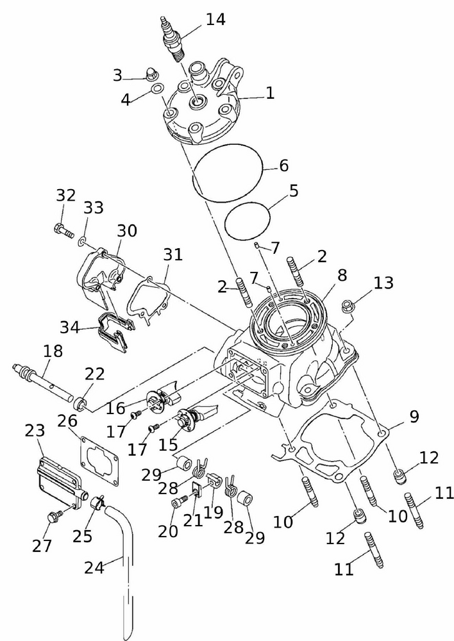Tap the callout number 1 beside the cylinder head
[270, 93]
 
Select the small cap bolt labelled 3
[152, 73]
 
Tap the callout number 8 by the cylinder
[342, 276]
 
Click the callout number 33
[94, 208]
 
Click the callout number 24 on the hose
[94, 567]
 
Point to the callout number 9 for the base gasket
[414, 417]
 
